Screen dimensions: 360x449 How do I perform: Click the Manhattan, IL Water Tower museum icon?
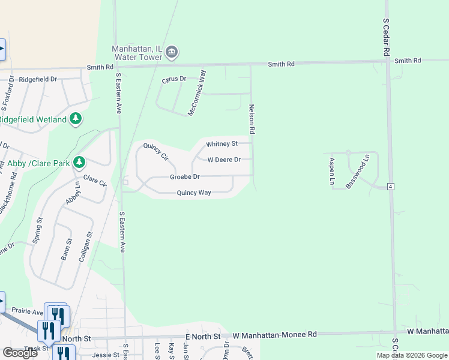click(172, 53)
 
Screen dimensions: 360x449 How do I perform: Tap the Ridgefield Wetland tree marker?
click(76, 119)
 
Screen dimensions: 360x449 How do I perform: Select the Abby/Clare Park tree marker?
click(79, 163)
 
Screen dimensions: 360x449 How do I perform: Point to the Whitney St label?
click(222, 144)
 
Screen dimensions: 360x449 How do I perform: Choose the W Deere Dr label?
click(224, 160)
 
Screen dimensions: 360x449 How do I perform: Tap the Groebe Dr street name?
click(184, 177)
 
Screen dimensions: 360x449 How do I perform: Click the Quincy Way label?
click(193, 193)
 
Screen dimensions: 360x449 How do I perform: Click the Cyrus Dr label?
click(174, 79)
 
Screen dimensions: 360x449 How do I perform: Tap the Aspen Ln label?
click(331, 170)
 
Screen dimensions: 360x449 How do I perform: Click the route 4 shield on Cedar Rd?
click(390, 187)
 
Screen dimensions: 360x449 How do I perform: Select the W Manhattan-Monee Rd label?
click(274, 334)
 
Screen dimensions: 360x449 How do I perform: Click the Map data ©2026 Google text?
click(411, 355)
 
